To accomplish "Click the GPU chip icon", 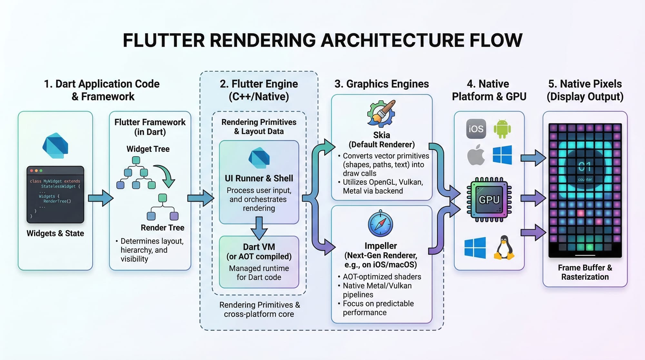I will click(489, 200).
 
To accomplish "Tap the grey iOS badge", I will click(476, 129).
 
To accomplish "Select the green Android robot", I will click(502, 129).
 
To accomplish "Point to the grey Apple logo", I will click(476, 155).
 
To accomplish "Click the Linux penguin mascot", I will click(504, 248).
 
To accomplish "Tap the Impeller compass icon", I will click(381, 224).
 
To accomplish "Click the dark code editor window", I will click(55, 194).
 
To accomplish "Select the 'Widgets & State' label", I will click(55, 233).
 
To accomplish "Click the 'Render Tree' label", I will click(163, 227).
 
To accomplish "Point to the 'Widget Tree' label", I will click(148, 149).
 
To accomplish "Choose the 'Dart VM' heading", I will click(259, 247).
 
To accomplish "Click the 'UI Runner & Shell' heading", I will click(259, 178).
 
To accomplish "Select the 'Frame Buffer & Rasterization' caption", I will click(585, 272).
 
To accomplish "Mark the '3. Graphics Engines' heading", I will click(382, 84).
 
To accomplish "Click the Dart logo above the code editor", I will click(55, 145).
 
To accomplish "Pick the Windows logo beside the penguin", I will click(475, 248).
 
